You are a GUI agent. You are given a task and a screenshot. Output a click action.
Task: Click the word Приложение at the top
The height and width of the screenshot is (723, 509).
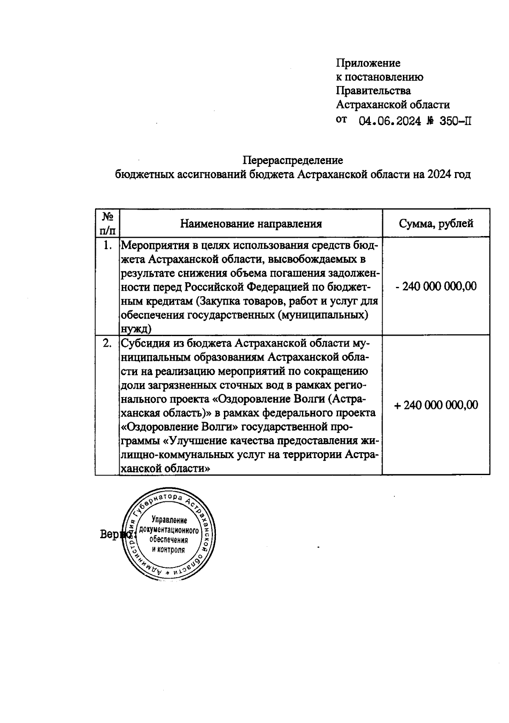(368, 63)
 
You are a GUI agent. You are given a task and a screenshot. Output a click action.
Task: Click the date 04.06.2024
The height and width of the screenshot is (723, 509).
(390, 122)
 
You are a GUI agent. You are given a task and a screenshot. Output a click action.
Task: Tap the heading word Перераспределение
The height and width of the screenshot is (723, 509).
(293, 161)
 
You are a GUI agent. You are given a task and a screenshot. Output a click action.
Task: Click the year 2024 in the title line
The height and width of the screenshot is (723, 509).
(439, 175)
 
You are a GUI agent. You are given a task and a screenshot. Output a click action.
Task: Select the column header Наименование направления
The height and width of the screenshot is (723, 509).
(251, 224)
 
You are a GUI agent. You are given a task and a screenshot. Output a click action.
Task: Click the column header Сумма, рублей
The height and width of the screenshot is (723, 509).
(436, 223)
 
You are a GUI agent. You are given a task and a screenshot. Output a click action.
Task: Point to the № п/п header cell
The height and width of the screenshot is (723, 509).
(107, 223)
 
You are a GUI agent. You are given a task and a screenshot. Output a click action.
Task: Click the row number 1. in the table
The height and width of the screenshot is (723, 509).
(108, 245)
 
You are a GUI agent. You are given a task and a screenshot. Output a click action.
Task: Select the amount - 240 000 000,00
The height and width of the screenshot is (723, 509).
(436, 286)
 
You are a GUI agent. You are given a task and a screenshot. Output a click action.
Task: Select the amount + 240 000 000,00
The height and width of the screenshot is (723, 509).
(436, 405)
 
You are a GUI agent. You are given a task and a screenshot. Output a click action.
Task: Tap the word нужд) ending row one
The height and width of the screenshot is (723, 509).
(137, 329)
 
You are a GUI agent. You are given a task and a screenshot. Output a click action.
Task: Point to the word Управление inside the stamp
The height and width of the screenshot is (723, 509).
(169, 520)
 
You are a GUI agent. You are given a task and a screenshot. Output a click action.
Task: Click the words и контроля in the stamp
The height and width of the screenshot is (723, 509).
(169, 550)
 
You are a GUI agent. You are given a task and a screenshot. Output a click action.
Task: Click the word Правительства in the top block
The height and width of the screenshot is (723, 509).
(373, 91)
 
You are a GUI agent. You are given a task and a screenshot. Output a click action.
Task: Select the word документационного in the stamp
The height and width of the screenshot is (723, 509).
(169, 531)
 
